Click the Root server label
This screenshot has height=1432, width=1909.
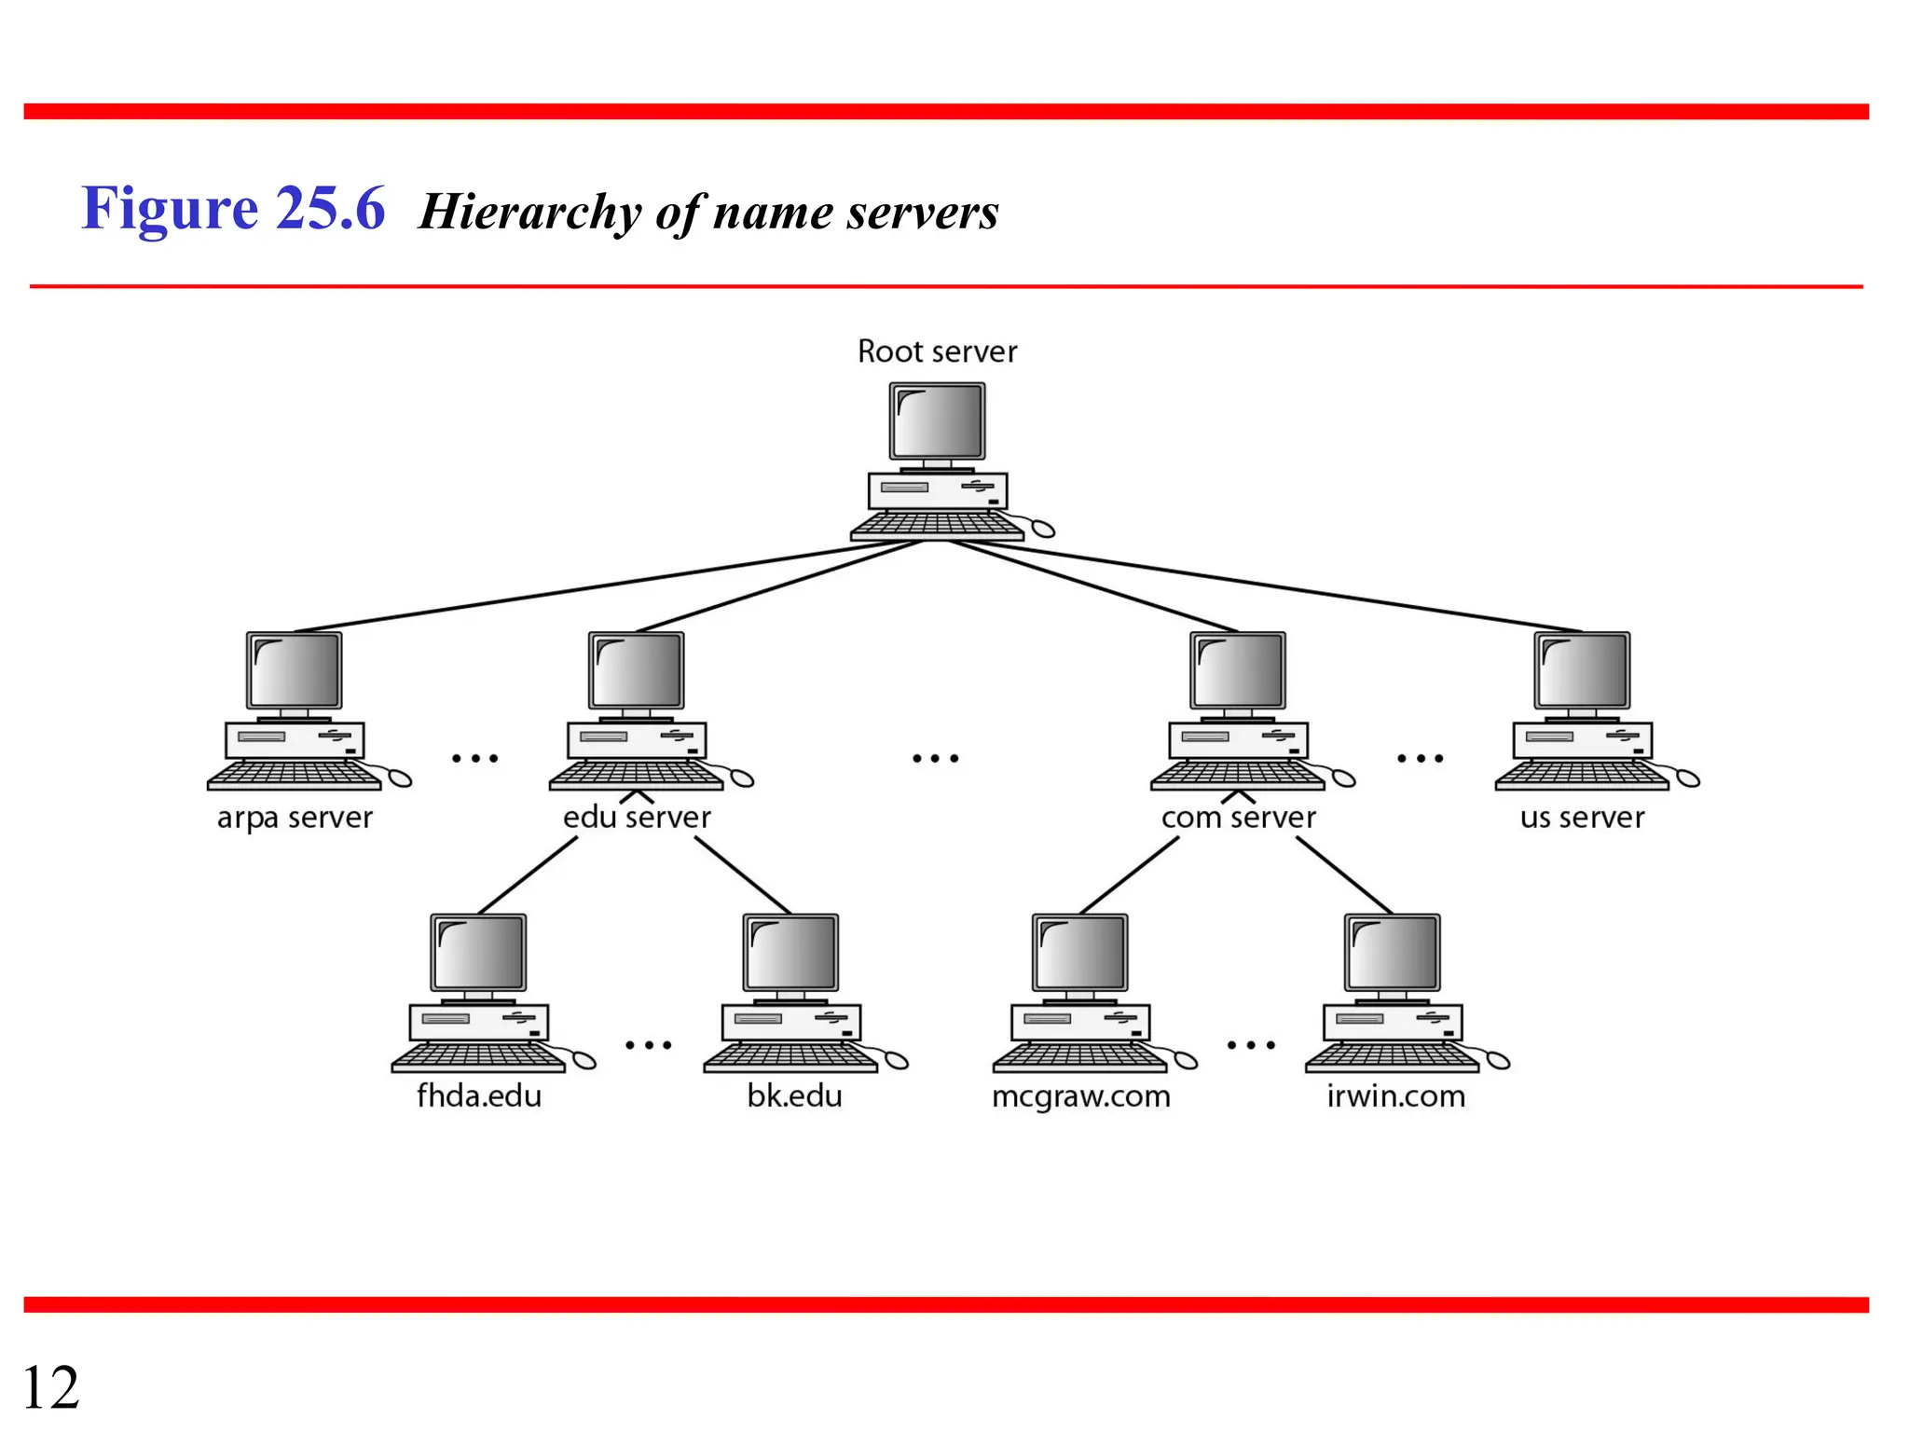point(937,352)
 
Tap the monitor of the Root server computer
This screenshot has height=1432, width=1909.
point(937,421)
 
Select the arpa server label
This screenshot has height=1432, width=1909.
point(295,818)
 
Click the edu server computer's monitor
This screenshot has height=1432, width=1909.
point(636,671)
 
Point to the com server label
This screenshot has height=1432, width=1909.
point(1238,818)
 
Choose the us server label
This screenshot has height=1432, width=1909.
point(1582,818)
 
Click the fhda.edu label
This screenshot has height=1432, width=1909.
point(479,1095)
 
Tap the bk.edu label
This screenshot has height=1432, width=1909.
point(794,1095)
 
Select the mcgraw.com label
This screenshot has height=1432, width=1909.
point(1080,1096)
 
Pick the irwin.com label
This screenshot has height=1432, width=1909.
point(1395,1095)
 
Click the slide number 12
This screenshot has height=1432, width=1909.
point(50,1387)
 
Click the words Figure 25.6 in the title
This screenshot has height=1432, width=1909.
point(233,208)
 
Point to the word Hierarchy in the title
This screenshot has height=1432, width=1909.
point(529,212)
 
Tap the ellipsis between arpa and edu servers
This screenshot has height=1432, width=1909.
point(475,759)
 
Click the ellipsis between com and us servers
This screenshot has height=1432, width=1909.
point(1420,759)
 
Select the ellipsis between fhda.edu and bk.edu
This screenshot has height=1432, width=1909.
point(649,1045)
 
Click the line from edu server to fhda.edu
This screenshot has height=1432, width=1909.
point(528,875)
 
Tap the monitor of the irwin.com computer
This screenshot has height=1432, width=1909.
point(1392,953)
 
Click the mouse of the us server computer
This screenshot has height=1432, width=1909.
point(1688,778)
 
